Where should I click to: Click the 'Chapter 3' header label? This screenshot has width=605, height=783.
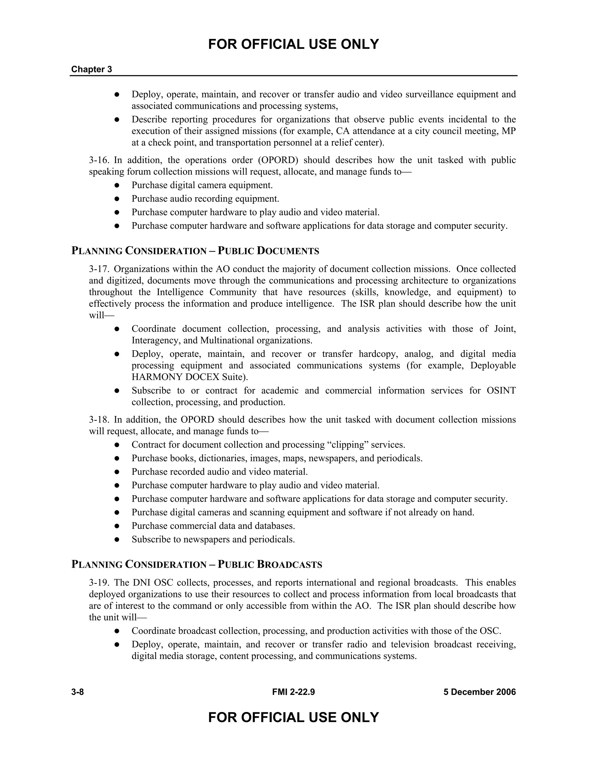(91, 69)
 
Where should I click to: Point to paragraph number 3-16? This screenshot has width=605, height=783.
(99, 160)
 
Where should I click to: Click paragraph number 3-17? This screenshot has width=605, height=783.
(99, 269)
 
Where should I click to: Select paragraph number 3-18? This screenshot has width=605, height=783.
(99, 420)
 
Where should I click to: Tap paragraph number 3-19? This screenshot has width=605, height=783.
(99, 583)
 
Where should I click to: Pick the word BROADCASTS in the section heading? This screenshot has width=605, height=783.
(290, 565)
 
